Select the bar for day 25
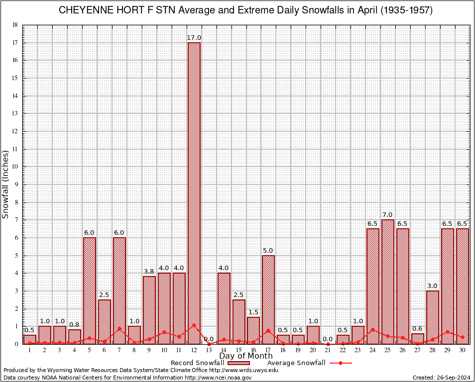pos(388,282)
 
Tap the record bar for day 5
pos(89,290)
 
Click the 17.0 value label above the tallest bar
pos(194,38)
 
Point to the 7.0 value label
pos(388,215)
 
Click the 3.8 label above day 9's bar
pos(149,272)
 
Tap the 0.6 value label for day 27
pos(418,328)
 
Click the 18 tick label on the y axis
pos(15,25)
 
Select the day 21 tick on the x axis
pos(328,350)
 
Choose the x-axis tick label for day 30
pos(463,350)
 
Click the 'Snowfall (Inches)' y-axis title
pos(6,184)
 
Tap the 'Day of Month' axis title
pos(246,356)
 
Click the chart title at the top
pos(246,10)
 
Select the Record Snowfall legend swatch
pos(238,363)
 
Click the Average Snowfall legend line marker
pos(340,363)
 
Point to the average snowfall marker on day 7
pos(119,328)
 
